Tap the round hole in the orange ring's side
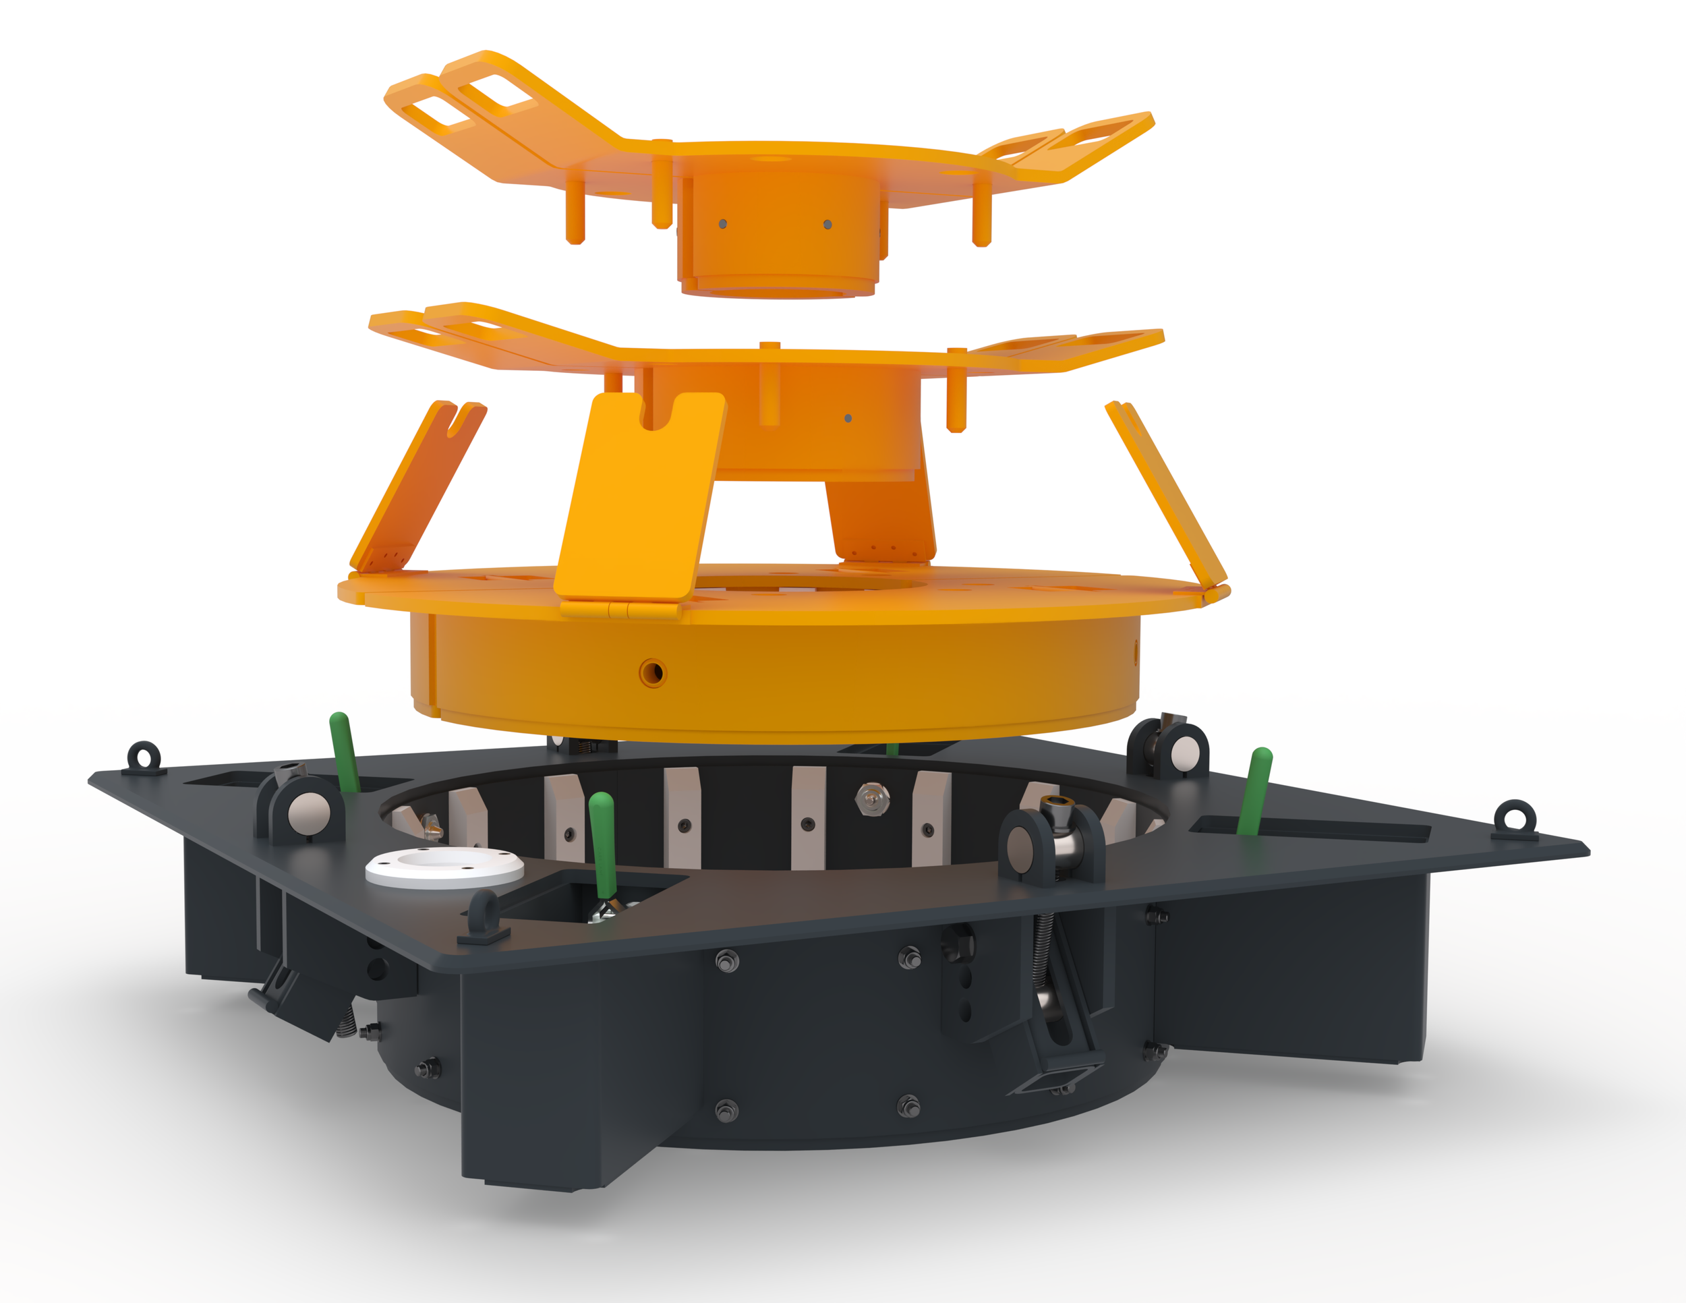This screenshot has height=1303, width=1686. [653, 672]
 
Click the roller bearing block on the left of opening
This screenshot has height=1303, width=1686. [301, 809]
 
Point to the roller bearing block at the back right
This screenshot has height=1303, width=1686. [1167, 747]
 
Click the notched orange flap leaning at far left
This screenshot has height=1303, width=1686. [417, 486]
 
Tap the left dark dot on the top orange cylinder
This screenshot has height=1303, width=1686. [722, 224]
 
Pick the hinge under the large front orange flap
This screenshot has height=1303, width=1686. [621, 610]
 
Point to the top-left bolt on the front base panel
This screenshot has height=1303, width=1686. [727, 962]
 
